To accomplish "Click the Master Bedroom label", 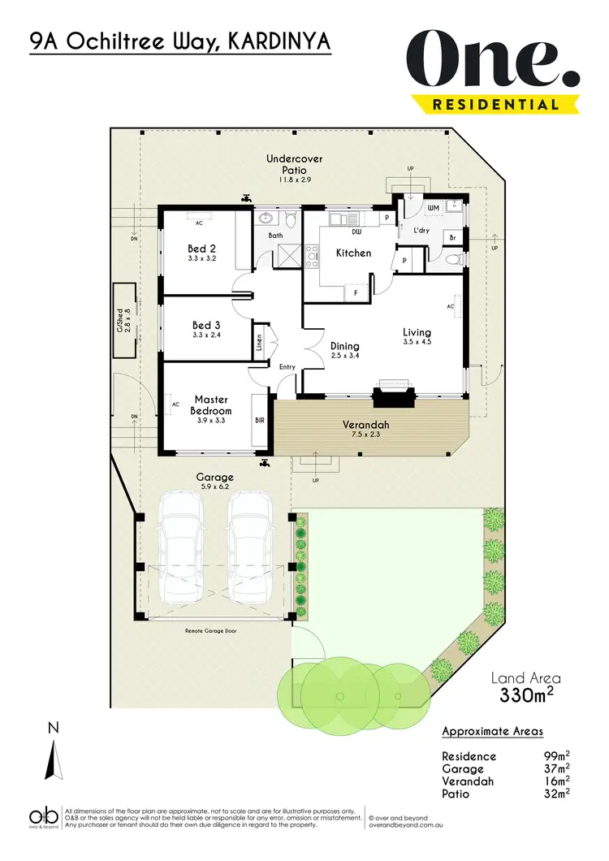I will pyautogui.click(x=210, y=405).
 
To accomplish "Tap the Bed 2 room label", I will pyautogui.click(x=201, y=249).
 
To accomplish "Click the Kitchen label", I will pyautogui.click(x=353, y=253).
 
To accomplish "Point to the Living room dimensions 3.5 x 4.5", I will pyautogui.click(x=417, y=343).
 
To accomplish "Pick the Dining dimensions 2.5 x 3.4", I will pyautogui.click(x=344, y=356).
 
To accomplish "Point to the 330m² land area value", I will pyautogui.click(x=526, y=695).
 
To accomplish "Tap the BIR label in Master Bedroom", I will pyautogui.click(x=260, y=422).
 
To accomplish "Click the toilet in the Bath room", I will pyautogui.click(x=290, y=219).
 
